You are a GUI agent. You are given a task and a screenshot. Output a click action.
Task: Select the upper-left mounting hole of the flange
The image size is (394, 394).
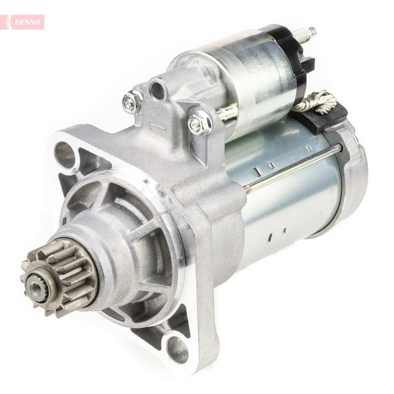[x=65, y=155]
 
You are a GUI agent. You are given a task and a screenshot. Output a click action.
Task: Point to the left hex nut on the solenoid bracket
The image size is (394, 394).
[x=131, y=102]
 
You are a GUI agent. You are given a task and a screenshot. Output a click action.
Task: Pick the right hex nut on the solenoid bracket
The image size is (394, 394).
[x=199, y=123]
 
